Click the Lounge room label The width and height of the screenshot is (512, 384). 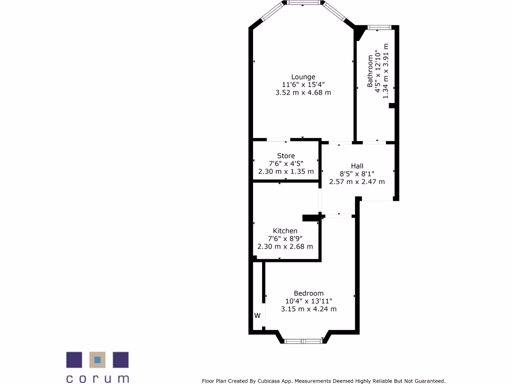click(303, 77)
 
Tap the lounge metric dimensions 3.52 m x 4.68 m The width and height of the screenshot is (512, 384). click(303, 92)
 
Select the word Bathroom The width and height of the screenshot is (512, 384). click(370, 71)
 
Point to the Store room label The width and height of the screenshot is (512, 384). click(286, 156)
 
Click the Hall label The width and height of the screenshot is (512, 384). click(357, 166)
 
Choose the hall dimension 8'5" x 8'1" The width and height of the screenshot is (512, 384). click(357, 174)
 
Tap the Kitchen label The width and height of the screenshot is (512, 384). click(285, 231)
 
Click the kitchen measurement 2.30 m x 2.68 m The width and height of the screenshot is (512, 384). click(285, 246)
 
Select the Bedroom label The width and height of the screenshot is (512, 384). click(308, 293)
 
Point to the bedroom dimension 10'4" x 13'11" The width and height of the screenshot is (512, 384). click(308, 301)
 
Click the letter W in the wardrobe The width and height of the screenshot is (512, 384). click(257, 315)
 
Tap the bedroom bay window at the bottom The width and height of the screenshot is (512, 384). click(303, 341)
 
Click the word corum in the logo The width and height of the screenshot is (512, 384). click(97, 378)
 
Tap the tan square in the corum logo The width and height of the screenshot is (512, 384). click(97, 359)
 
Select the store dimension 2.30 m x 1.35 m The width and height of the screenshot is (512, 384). click(286, 171)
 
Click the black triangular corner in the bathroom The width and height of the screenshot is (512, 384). click(359, 33)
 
